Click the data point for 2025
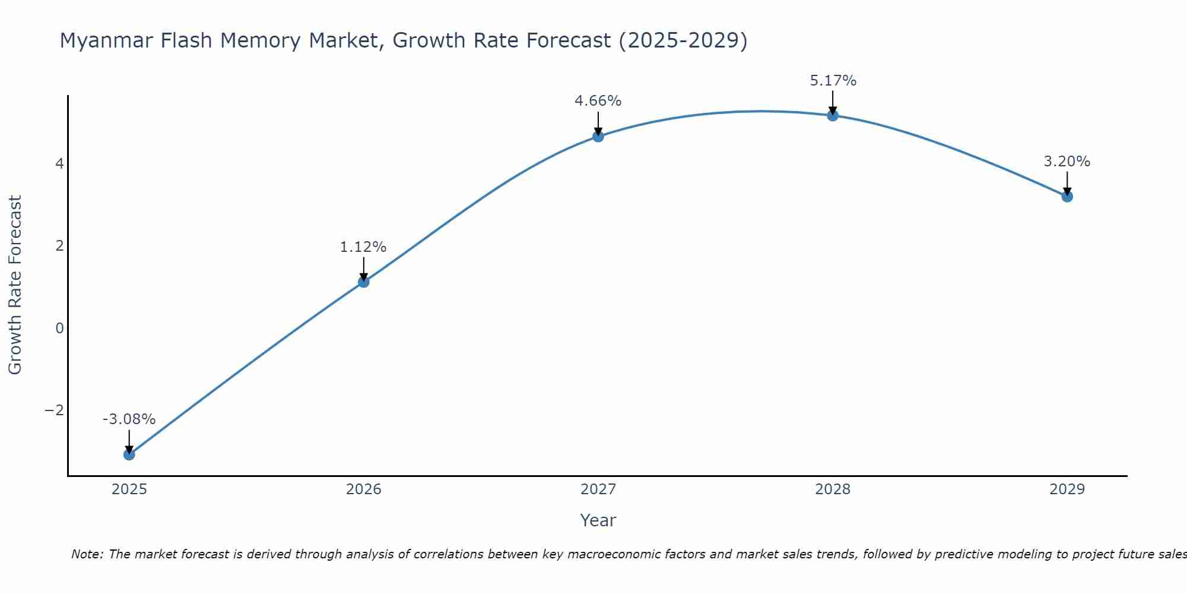(x=129, y=454)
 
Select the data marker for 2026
(x=364, y=282)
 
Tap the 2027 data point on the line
(x=598, y=136)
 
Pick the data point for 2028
(x=833, y=115)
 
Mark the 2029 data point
(x=1067, y=196)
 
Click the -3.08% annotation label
(x=129, y=419)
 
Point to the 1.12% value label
(x=363, y=247)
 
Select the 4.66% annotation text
(x=598, y=101)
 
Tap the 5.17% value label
(x=833, y=81)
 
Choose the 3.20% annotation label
(x=1067, y=162)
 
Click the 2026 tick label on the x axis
(x=364, y=489)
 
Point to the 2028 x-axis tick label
(x=833, y=489)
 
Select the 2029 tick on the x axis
(x=1067, y=489)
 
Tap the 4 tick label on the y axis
(x=59, y=163)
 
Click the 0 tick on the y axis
(x=59, y=328)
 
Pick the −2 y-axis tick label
(x=54, y=410)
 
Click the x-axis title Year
(x=598, y=520)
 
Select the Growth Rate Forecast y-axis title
(x=15, y=285)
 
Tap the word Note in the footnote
(x=87, y=554)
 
